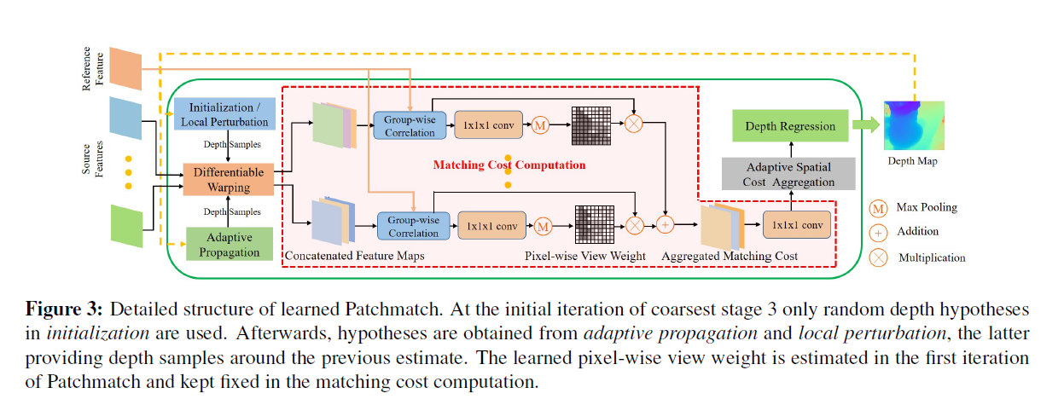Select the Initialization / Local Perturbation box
pyautogui.click(x=224, y=115)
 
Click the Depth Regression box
pyautogui.click(x=790, y=126)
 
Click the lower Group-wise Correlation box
pyautogui.click(x=413, y=226)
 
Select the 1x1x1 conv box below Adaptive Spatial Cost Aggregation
pyautogui.click(x=796, y=225)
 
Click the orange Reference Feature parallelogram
pyautogui.click(x=125, y=69)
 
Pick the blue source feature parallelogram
pyautogui.click(x=125, y=117)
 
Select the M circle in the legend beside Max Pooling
pyautogui.click(x=878, y=208)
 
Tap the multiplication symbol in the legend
pyautogui.click(x=878, y=257)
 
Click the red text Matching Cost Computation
pyautogui.click(x=509, y=165)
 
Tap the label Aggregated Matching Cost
pyautogui.click(x=730, y=256)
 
